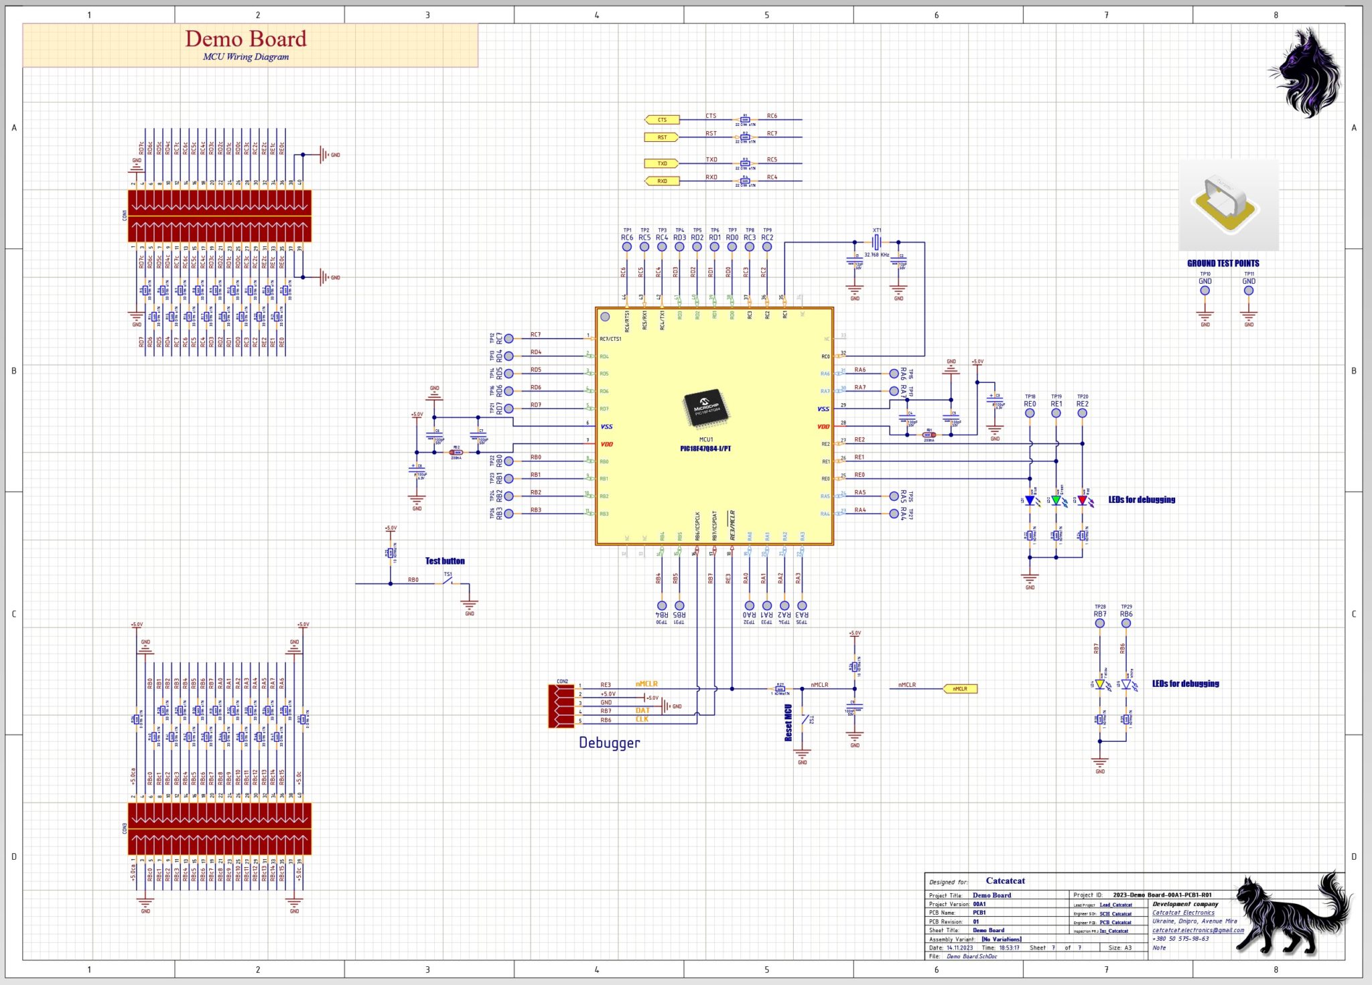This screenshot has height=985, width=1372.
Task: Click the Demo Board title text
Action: (246, 39)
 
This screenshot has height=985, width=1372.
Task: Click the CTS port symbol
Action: (662, 120)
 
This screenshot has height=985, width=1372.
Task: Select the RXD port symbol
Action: (662, 181)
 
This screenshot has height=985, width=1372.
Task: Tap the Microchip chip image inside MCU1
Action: (706, 407)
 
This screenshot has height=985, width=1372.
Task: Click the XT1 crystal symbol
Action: (876, 242)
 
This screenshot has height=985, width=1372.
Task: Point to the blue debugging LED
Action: (1030, 500)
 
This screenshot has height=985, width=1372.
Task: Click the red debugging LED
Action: (1082, 500)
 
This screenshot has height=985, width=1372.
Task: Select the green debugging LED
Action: (1056, 500)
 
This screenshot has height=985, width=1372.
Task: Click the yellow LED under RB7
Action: (1099, 684)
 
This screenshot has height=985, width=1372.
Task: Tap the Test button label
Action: (445, 561)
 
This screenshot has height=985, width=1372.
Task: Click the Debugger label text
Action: (609, 743)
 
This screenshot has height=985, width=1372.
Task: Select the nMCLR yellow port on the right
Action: (960, 688)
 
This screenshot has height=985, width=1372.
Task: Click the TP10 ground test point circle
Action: (1205, 291)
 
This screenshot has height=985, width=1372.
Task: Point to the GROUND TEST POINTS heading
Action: (1223, 263)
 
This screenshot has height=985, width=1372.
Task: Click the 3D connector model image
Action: (1228, 205)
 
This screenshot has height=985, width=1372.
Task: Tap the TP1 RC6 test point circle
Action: (626, 246)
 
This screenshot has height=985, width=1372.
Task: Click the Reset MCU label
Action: (788, 723)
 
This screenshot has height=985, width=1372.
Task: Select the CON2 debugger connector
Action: (561, 704)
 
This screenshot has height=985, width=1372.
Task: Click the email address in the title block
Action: (1198, 930)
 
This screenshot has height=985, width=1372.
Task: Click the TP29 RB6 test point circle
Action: (1126, 623)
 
